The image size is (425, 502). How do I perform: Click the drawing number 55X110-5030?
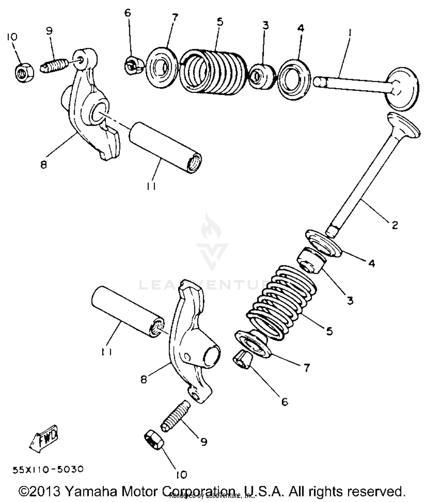pos(48,469)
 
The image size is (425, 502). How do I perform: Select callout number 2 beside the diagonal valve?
pos(395,225)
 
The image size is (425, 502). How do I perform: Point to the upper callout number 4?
pos(301,28)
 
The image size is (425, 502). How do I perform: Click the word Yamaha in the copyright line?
pos(91,491)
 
